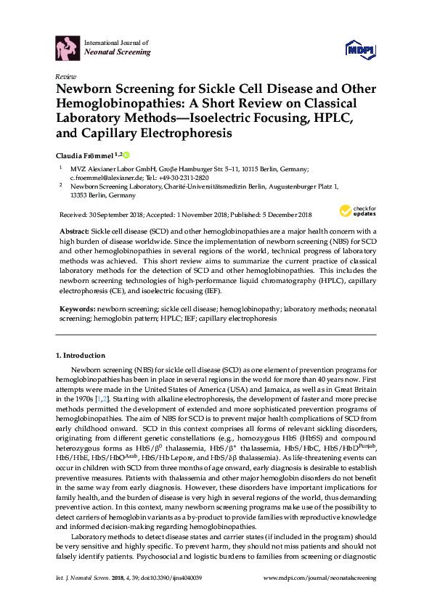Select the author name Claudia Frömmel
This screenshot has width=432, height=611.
(86, 156)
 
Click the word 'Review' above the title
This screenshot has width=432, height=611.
(66, 76)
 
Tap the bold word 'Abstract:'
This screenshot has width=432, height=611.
(79, 229)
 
